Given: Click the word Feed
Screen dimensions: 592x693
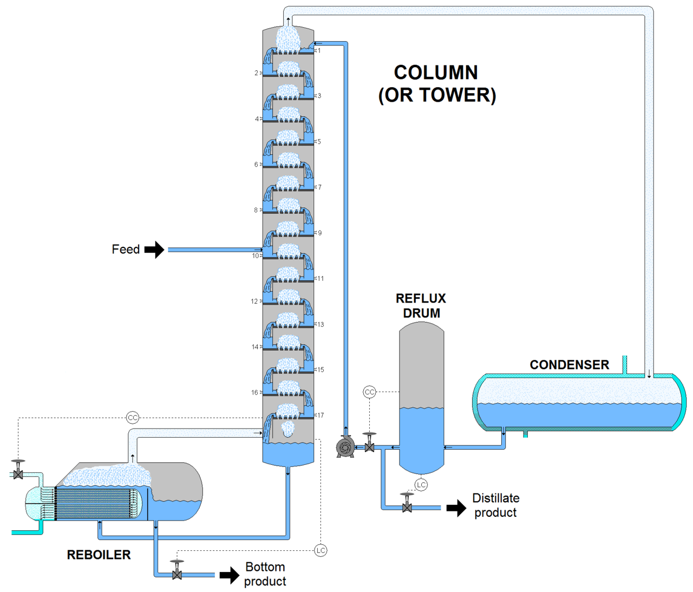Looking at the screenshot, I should click(126, 249).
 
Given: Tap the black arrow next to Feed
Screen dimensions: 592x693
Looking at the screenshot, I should click(154, 249).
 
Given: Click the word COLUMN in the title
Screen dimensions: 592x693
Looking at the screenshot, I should click(435, 73).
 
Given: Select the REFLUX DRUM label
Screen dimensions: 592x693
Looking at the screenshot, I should click(421, 306).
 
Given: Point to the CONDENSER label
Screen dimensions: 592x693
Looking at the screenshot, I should click(569, 365).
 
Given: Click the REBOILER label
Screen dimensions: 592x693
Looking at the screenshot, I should click(99, 555).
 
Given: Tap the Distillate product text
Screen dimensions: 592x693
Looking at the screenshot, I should click(495, 505).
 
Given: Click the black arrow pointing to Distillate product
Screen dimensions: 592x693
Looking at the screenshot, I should click(456, 508).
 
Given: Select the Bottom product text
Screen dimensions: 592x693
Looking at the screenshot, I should click(265, 574).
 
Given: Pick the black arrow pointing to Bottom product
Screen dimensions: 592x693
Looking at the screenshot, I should click(229, 575).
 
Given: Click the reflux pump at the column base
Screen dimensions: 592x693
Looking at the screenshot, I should click(345, 447).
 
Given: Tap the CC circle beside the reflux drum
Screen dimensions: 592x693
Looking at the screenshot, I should click(369, 392).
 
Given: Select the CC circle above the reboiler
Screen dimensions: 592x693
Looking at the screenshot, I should click(133, 417).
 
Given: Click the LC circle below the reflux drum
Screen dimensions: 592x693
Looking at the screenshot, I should click(421, 484).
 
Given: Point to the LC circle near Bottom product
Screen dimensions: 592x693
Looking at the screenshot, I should click(321, 550).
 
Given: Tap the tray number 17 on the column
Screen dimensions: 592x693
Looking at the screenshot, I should click(321, 415).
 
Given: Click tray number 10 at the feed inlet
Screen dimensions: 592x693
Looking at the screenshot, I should click(255, 256).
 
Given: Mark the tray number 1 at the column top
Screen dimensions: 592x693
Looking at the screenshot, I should click(319, 50).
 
